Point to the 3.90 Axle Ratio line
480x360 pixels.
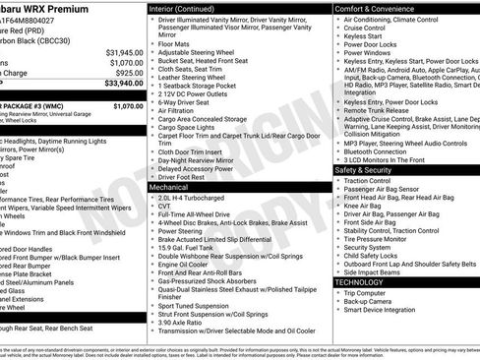click(x=184, y=323)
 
